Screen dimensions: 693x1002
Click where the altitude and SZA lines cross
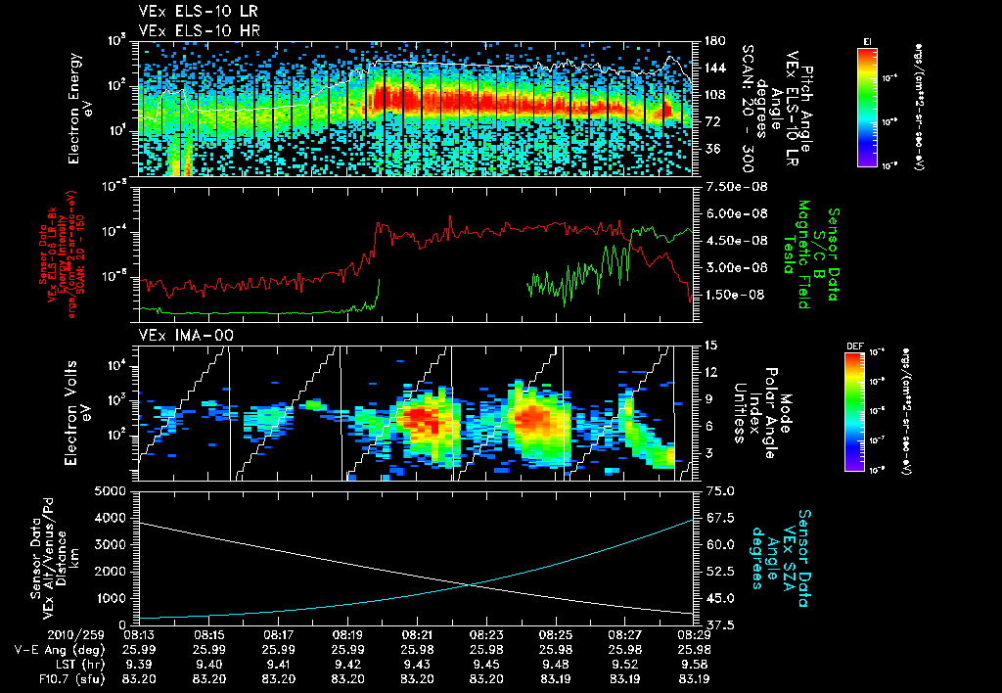(473, 585)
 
